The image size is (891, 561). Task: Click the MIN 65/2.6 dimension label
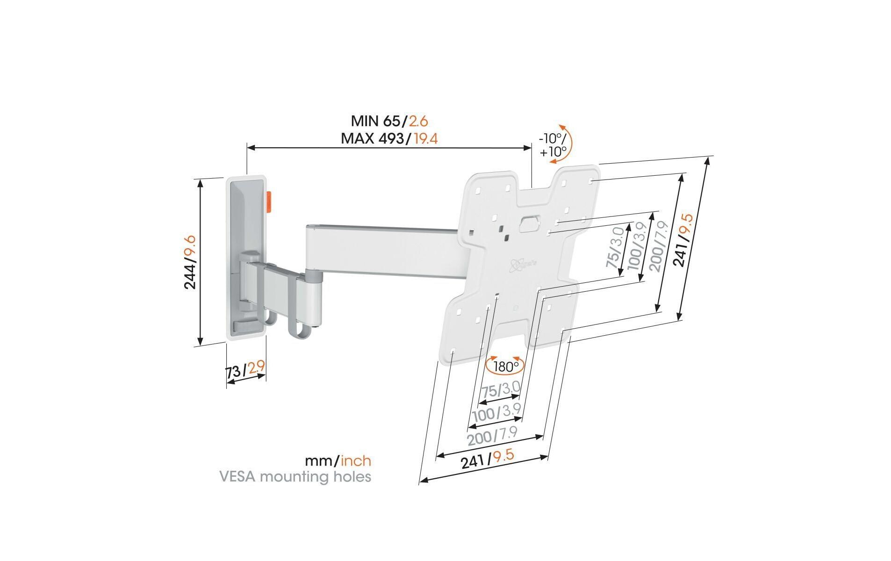click(x=389, y=121)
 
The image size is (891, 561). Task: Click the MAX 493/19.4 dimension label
click(x=389, y=138)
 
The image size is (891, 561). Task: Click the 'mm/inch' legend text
click(x=338, y=461)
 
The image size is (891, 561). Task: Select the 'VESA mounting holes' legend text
click(x=295, y=477)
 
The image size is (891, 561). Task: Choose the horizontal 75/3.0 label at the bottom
click(x=501, y=389)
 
